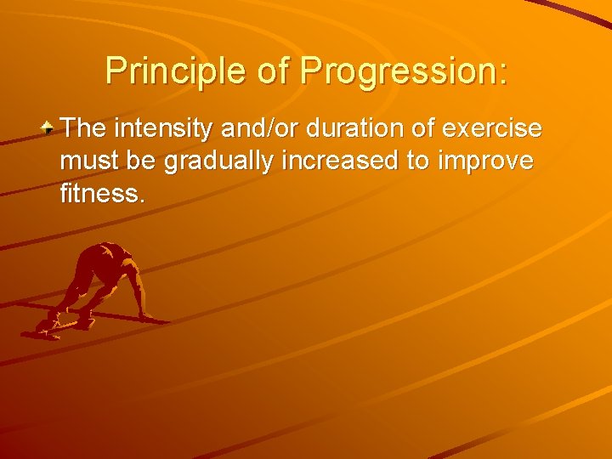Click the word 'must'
coord(88,161)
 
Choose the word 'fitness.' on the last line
coord(103,193)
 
